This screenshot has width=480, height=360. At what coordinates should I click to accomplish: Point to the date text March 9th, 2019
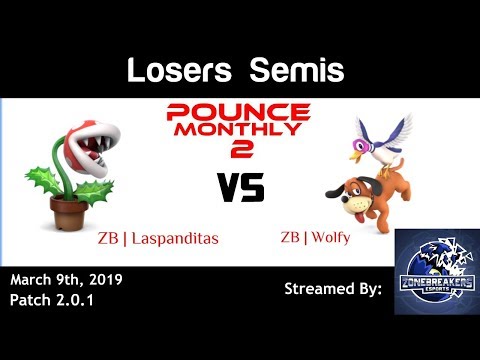point(66,278)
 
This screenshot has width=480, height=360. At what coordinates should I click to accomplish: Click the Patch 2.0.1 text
point(51,298)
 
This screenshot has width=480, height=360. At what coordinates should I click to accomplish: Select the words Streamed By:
point(334,288)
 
